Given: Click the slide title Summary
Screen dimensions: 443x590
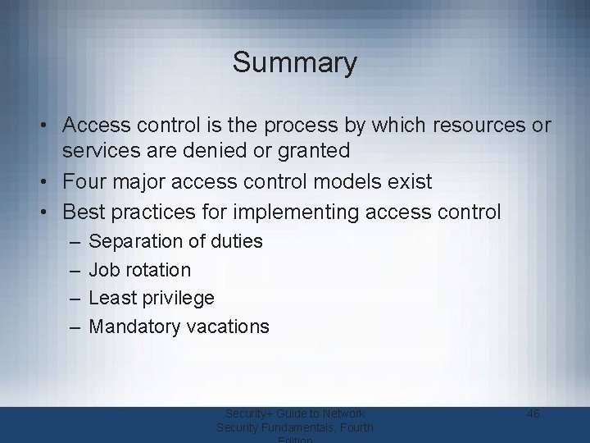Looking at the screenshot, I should (x=294, y=62).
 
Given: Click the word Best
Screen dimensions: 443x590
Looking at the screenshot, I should (x=84, y=212).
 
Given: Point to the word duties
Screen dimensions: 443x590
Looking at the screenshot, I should (x=236, y=241).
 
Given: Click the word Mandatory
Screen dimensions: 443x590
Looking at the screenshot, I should (x=134, y=327).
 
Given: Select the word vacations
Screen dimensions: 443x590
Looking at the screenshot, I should (x=228, y=327).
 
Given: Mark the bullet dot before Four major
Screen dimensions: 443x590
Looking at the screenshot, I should (x=49, y=181).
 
